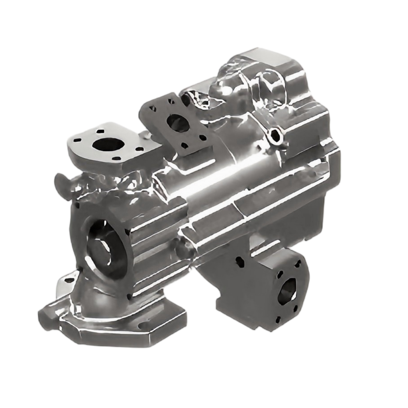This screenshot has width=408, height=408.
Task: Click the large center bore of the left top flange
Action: [x=107, y=144]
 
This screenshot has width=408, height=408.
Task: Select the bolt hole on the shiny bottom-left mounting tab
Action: [x=71, y=280]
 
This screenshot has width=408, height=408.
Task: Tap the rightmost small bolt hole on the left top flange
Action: [x=139, y=149]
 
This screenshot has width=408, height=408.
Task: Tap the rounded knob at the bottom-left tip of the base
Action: [x=45, y=319]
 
